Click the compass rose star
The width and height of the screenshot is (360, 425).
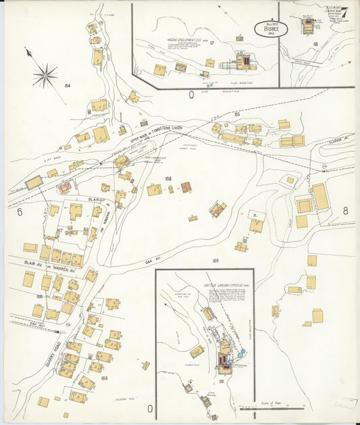[x=45, y=75]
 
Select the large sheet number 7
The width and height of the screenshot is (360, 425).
[x=344, y=12]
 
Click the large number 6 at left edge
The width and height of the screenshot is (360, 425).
[x=20, y=212]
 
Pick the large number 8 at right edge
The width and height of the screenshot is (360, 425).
[x=345, y=211]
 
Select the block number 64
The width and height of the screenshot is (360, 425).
[x=68, y=86]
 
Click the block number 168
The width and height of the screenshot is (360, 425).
[x=168, y=179]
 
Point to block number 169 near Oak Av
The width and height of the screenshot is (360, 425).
[x=215, y=260]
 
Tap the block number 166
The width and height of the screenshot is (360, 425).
[x=39, y=296]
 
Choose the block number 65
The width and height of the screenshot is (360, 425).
[x=237, y=115]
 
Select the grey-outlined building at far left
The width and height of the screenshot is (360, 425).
[x=34, y=182]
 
